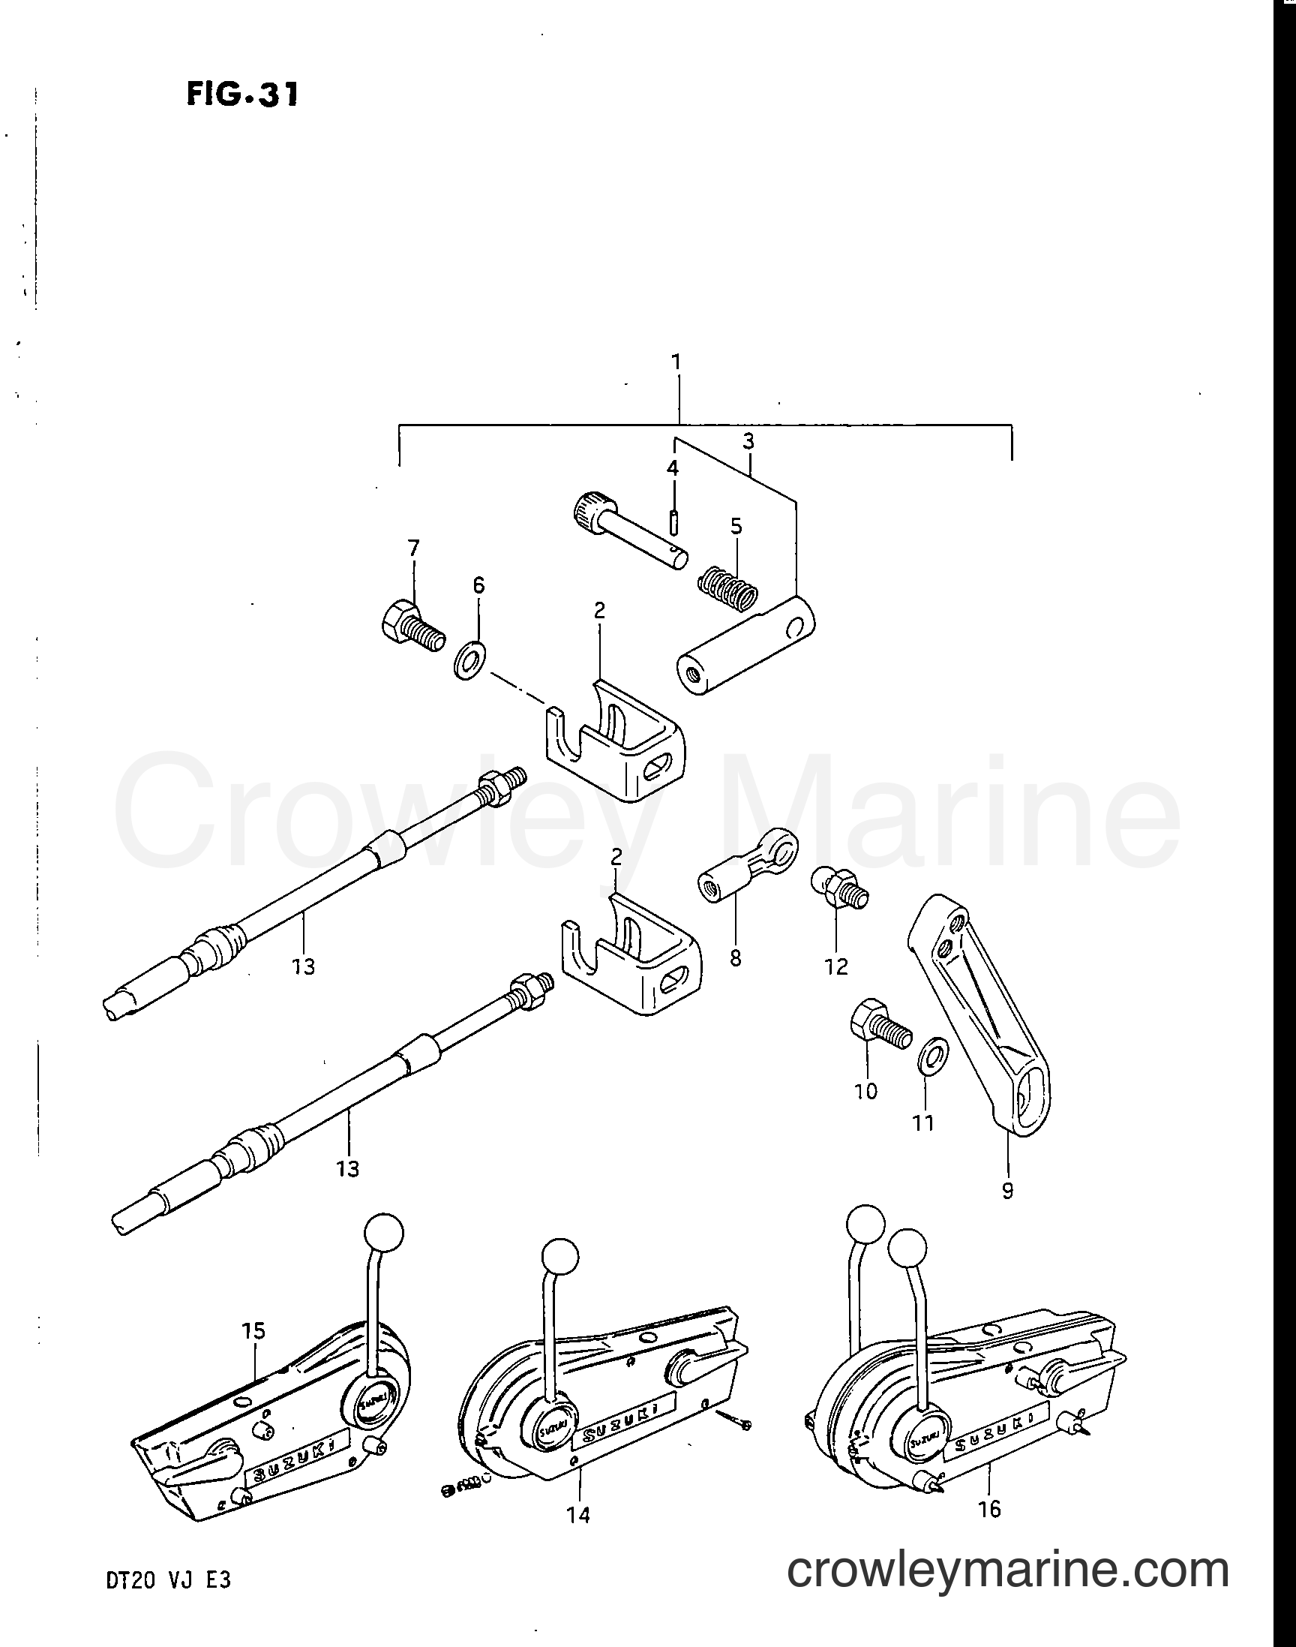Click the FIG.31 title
[x=242, y=95]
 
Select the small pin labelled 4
[x=673, y=522]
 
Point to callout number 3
[x=748, y=441]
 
